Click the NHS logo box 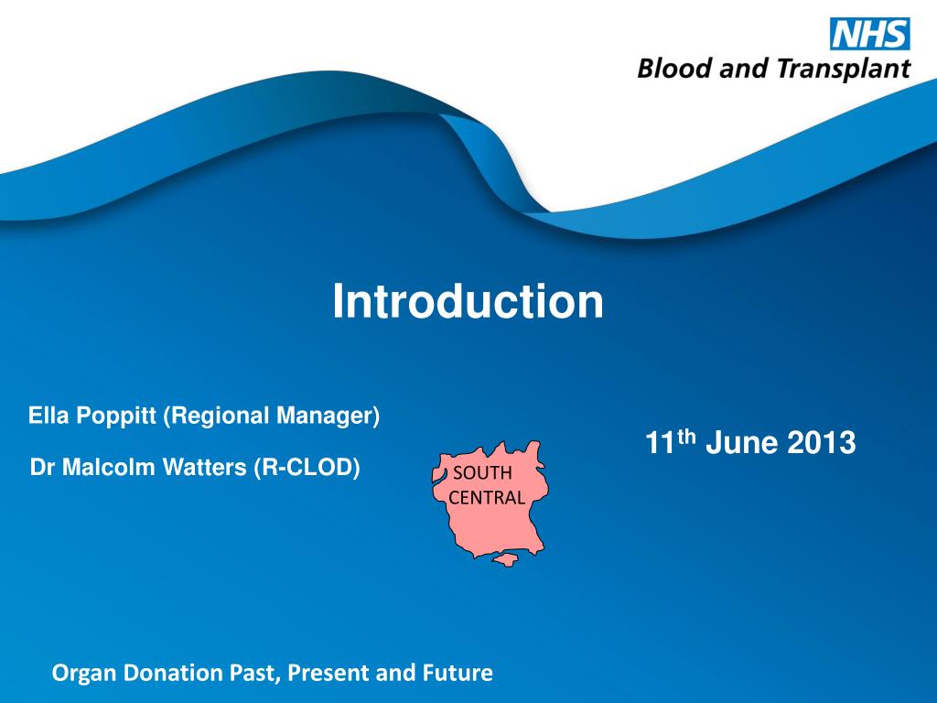click(x=870, y=34)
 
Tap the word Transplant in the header click(x=844, y=70)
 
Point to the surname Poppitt click(x=117, y=416)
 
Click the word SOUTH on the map click(x=482, y=473)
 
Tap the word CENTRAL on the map click(x=487, y=497)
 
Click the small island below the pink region click(x=504, y=560)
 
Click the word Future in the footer click(x=458, y=673)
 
